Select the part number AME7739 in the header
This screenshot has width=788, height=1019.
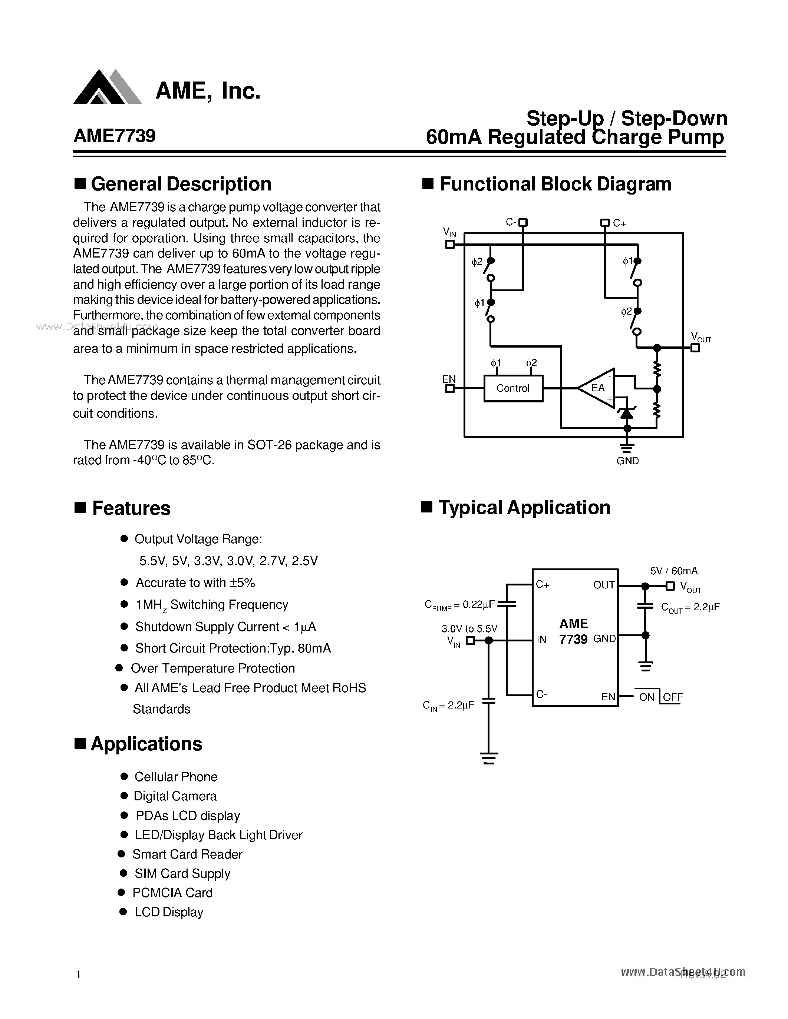click(x=114, y=136)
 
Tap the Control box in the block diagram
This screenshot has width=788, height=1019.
click(x=513, y=388)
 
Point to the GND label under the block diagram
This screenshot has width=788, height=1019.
click(x=627, y=461)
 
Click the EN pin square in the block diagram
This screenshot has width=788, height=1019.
click(x=450, y=388)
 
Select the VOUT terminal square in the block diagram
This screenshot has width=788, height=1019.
click(x=695, y=348)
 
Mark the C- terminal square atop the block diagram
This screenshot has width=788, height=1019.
click(x=523, y=223)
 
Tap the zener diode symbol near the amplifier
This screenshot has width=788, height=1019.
click(x=626, y=412)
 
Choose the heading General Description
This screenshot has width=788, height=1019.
click(x=181, y=184)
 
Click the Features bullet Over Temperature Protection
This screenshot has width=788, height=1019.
click(x=212, y=668)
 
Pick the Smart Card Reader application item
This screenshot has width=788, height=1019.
click(x=187, y=854)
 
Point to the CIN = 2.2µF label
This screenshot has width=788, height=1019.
click(x=448, y=705)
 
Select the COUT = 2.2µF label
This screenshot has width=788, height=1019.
click(x=690, y=607)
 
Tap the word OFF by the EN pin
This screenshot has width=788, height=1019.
click(x=673, y=697)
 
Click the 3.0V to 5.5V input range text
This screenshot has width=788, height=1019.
click(x=469, y=628)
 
